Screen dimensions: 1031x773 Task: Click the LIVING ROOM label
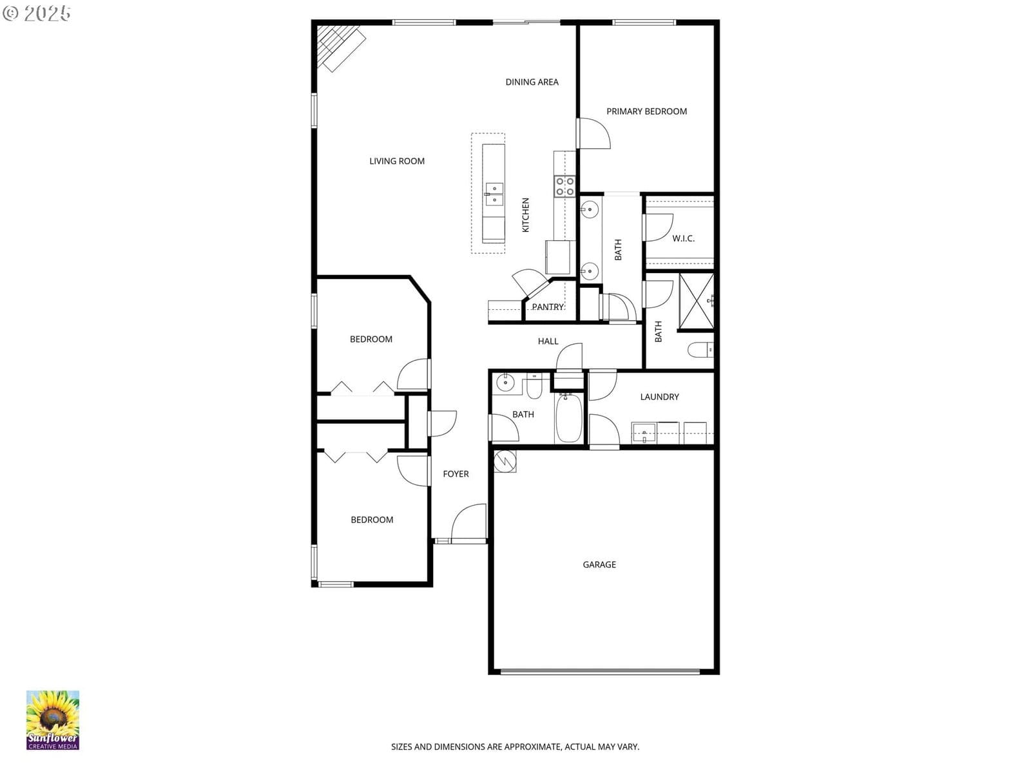pos(397,161)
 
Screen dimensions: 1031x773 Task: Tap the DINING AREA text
pos(532,82)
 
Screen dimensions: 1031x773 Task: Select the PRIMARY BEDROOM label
pos(646,111)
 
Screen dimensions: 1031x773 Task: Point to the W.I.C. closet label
pos(683,238)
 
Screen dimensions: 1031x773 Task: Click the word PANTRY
pos(548,307)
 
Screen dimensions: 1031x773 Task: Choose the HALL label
pos(548,341)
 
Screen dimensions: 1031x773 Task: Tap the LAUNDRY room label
pos(659,397)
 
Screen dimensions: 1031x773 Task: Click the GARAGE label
pos(599,565)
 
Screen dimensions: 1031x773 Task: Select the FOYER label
pos(456,474)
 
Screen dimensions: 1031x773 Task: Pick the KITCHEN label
pos(526,215)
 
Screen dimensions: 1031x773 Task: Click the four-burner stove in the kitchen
pos(564,186)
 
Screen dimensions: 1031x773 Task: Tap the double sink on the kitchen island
pos(494,195)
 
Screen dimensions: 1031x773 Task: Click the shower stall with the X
pos(697,301)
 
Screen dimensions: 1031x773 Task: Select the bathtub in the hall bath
pos(569,417)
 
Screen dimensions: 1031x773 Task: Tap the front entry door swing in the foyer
pos(468,523)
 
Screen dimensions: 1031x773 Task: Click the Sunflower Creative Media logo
pos(53,720)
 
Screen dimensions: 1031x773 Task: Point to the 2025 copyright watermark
pos(36,13)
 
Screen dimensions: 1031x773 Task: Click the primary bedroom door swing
pos(594,133)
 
